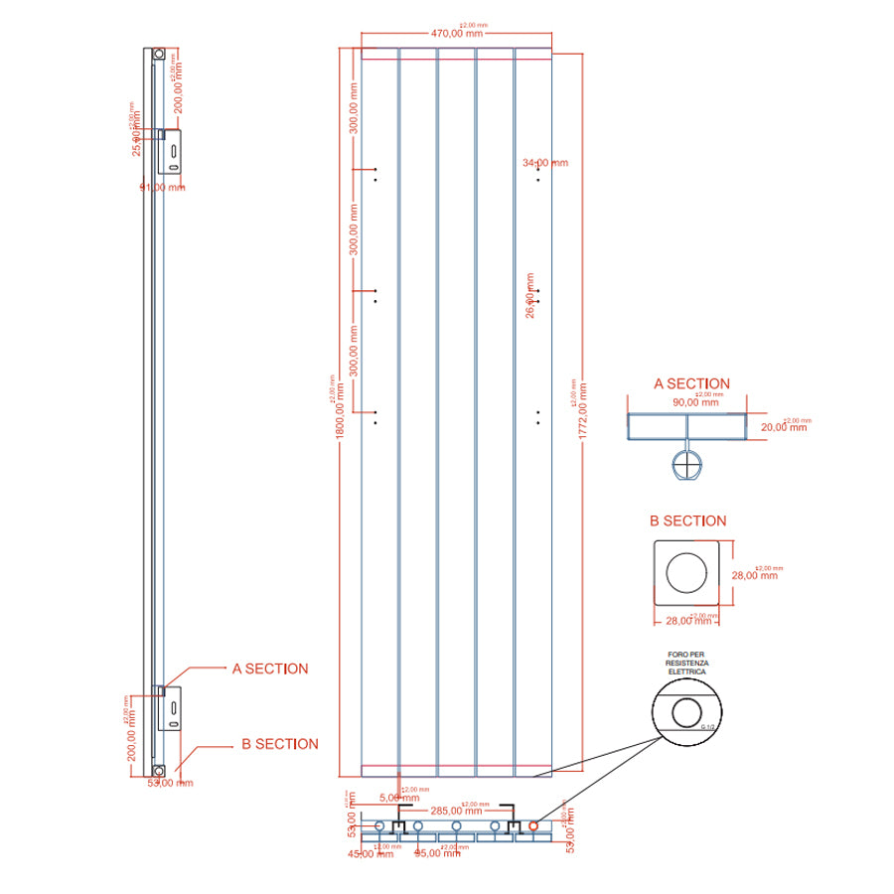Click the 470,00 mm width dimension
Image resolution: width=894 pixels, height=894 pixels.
[x=457, y=33]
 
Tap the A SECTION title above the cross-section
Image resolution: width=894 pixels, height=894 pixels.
[x=691, y=383]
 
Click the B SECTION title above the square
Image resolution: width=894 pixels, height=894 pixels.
[x=687, y=521]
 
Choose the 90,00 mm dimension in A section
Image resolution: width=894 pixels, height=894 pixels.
[x=695, y=402]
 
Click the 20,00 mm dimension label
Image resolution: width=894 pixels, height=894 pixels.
[x=784, y=426]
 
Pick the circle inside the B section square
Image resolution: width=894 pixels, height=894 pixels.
[x=685, y=574]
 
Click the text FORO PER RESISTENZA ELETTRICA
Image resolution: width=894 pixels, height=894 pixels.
[x=686, y=665]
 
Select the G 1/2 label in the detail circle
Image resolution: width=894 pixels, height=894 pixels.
[x=707, y=728]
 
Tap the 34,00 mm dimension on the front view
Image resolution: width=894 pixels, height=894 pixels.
[x=545, y=163]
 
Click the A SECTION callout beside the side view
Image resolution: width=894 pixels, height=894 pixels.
[x=270, y=669]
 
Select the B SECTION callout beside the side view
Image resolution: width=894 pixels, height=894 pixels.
[x=280, y=744]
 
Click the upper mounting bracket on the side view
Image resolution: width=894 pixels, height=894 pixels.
[x=172, y=152]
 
